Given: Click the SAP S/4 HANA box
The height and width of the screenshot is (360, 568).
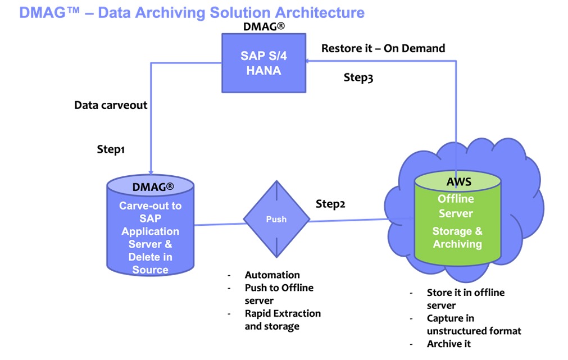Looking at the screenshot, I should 263,63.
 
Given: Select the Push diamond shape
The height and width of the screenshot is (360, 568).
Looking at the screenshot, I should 276,219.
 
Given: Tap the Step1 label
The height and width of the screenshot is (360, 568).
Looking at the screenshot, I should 111,150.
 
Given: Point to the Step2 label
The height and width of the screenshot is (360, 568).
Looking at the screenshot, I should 330,204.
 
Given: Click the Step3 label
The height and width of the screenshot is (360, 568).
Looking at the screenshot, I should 358,78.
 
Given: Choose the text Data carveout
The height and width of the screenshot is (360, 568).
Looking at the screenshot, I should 111,105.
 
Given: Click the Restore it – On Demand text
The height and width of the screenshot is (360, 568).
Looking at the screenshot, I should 383,48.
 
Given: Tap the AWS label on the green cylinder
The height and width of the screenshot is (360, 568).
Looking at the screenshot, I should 458,183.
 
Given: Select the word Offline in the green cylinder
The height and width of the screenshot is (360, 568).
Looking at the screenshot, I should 456,199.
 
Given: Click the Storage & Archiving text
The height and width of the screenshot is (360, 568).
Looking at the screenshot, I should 457,238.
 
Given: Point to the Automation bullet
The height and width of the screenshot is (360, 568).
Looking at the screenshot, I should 272,275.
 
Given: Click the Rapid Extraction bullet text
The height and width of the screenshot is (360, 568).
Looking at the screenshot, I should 283,320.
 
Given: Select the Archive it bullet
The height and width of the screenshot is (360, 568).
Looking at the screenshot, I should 448,344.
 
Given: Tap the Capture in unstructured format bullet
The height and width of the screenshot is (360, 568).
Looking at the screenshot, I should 474,325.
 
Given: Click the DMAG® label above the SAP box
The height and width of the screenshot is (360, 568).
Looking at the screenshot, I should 264,26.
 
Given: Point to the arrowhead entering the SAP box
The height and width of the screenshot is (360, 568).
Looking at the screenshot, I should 310,63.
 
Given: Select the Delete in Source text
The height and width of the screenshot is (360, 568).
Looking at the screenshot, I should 150,263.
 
